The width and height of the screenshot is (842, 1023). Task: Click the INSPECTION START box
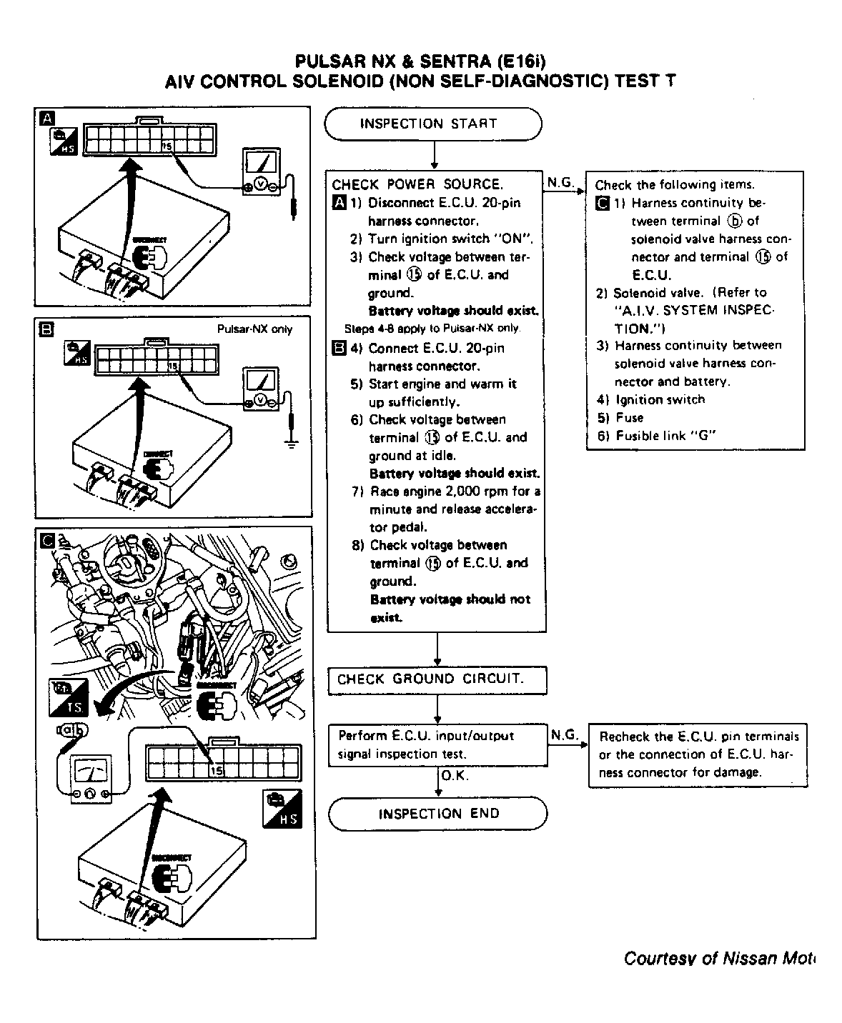click(432, 124)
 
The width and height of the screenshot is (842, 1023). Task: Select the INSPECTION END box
click(437, 814)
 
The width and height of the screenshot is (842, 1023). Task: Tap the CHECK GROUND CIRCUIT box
click(437, 680)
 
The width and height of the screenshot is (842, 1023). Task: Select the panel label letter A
click(46, 118)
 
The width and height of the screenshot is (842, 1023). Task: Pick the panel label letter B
click(46, 329)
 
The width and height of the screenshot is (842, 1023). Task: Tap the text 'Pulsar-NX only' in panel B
click(254, 329)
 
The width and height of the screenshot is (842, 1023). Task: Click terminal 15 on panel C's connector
click(217, 771)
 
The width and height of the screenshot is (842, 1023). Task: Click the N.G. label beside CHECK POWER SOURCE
click(561, 183)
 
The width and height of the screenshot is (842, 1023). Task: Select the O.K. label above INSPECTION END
click(455, 776)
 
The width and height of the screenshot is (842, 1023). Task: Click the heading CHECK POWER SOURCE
click(417, 184)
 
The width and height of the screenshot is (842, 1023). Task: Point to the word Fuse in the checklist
click(629, 418)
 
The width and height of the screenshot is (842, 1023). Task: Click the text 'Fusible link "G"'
click(665, 436)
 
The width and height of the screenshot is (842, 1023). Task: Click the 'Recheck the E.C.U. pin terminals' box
click(698, 755)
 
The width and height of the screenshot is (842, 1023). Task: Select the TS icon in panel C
click(69, 699)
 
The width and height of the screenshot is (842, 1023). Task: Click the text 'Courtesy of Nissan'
click(718, 958)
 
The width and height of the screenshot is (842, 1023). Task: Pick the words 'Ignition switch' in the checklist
click(659, 400)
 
